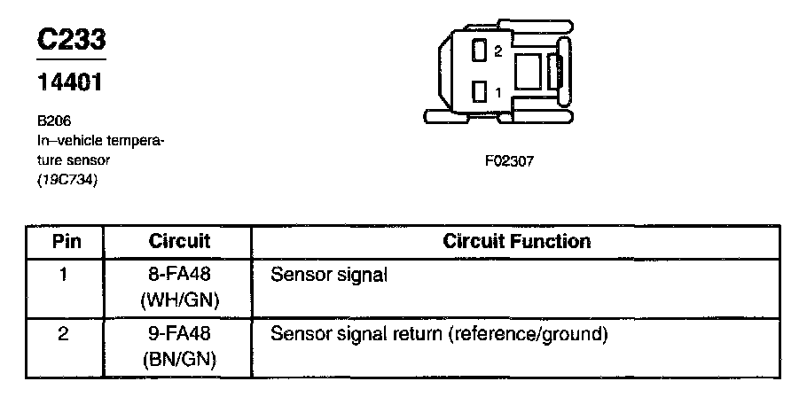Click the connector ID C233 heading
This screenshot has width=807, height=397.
[x=70, y=41]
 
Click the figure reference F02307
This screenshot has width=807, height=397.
[x=508, y=161]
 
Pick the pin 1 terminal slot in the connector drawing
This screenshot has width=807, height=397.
[x=480, y=91]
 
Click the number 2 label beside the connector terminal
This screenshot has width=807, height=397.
[x=498, y=51]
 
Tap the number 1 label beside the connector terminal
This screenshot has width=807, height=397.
[x=498, y=91]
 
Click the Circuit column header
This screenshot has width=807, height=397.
[x=179, y=241]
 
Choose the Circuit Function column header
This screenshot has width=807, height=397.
[x=517, y=241]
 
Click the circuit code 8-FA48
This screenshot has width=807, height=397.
[x=179, y=276]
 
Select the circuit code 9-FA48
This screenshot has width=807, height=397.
[x=179, y=335]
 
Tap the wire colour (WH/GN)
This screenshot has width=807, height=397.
[x=179, y=300]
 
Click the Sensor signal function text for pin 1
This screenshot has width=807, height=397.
[x=329, y=276]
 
